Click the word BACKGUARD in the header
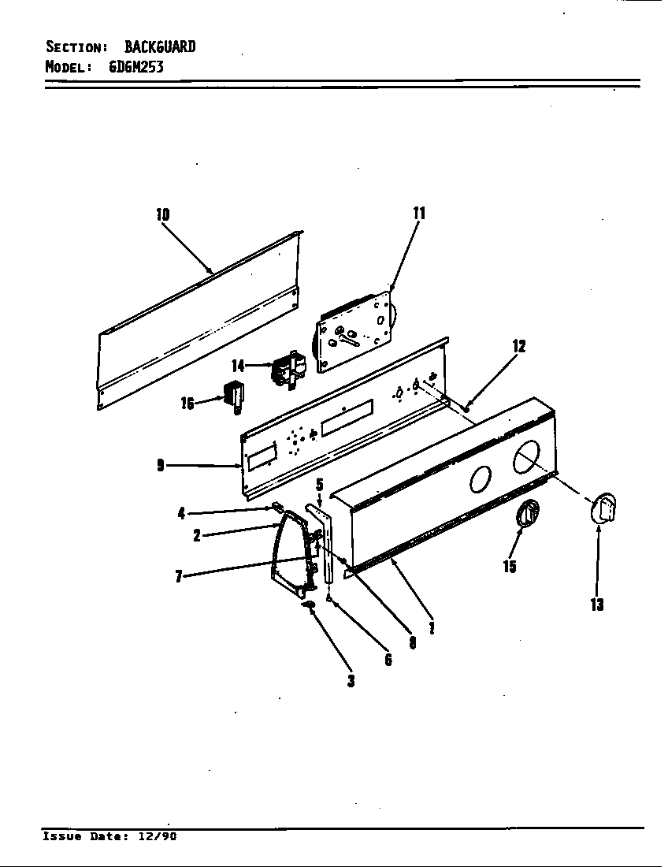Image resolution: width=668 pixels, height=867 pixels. click(x=160, y=47)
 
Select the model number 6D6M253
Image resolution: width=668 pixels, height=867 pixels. click(x=135, y=66)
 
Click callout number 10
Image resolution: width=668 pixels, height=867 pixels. click(x=162, y=214)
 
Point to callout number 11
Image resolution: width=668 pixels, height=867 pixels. click(x=418, y=212)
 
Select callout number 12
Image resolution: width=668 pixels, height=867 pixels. click(x=518, y=346)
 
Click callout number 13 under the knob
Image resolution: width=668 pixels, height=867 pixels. click(x=596, y=605)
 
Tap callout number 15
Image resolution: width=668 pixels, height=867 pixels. click(x=510, y=565)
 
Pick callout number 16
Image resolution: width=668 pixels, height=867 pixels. click(x=187, y=404)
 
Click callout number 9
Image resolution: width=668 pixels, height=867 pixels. click(x=161, y=466)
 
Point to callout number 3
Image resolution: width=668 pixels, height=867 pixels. click(x=351, y=680)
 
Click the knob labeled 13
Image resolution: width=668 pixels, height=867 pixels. click(x=603, y=506)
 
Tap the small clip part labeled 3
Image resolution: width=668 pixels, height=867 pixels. click(x=309, y=605)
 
